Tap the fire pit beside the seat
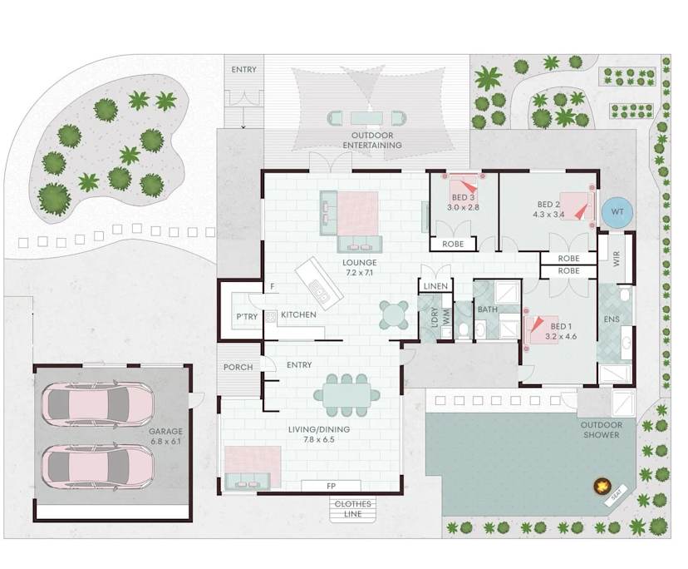point(602,486)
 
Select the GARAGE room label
point(165,432)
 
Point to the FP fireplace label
point(331,486)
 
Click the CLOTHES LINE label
point(353,509)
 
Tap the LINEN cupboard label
point(435,286)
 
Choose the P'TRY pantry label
point(247,316)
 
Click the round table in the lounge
point(394,314)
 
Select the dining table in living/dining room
point(346,395)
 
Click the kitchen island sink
point(319,290)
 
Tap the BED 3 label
point(463,198)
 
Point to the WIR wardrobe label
point(617,259)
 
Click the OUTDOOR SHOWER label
point(601,430)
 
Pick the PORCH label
point(238,367)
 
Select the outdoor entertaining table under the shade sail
point(366,118)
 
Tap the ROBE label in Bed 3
point(453,244)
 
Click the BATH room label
point(488,309)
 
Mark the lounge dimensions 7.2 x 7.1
point(359,272)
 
